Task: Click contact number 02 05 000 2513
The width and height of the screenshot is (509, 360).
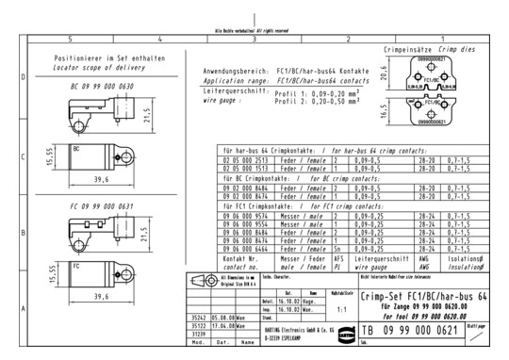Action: (240, 160)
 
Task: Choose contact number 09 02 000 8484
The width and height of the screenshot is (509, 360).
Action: (240, 187)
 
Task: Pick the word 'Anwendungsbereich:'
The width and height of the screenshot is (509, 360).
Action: (236, 73)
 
